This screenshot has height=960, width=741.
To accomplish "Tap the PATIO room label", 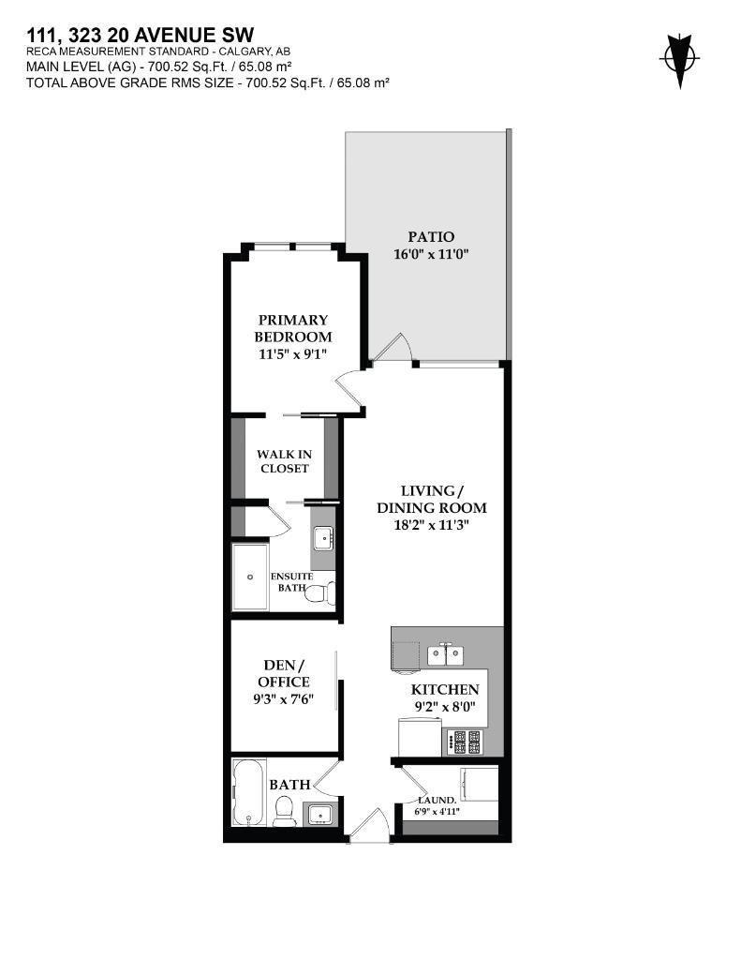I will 430,236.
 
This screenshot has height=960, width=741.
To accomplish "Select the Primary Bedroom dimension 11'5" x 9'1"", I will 294,353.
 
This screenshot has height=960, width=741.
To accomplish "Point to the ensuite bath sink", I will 322,538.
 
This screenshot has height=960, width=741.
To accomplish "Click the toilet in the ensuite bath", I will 319,593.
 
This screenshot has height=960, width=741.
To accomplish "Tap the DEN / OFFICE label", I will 283,673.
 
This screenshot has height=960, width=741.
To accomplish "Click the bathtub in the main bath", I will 248,792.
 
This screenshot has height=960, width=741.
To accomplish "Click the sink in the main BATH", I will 320,813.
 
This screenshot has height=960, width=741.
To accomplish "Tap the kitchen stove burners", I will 466,742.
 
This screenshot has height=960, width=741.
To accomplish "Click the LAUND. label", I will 437,800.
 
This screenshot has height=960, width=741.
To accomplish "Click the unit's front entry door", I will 368,827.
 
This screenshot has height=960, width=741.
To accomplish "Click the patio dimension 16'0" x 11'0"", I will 430,253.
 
